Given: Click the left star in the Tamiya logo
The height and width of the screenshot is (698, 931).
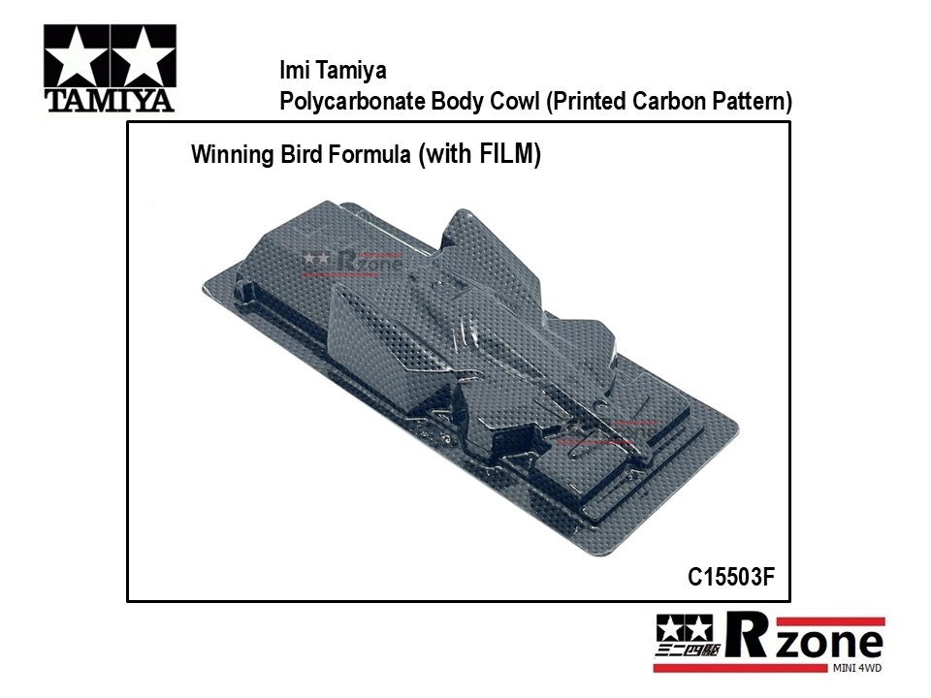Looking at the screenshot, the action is click(78, 57).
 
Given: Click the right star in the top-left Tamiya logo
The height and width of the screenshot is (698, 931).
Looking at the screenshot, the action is click(144, 57).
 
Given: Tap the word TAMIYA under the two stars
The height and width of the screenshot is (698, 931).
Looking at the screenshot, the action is click(110, 100).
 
